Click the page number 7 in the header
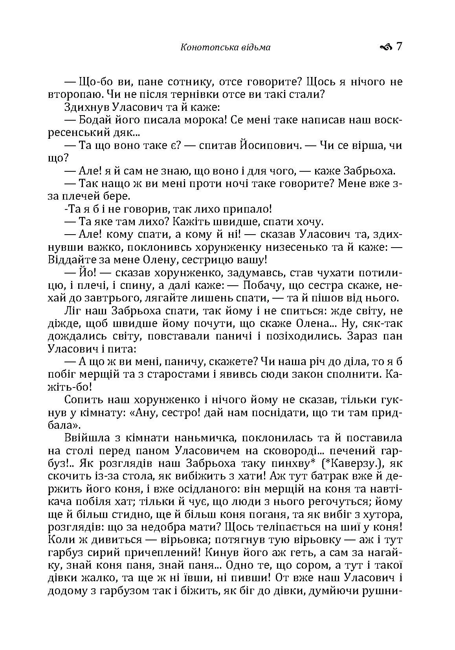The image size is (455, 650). [x=399, y=47]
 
